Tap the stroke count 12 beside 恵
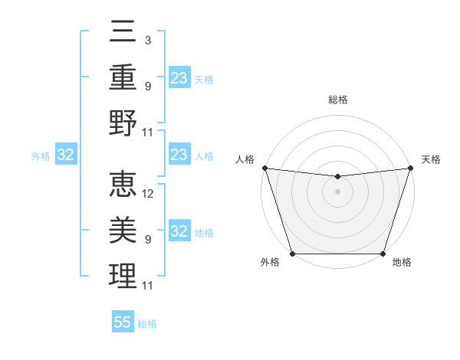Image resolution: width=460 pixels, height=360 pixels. click(x=149, y=194)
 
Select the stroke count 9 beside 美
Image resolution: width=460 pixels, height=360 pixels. click(x=147, y=240)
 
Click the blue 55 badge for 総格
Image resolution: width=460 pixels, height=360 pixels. click(x=123, y=322)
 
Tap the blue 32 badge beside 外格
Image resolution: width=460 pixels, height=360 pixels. click(x=65, y=155)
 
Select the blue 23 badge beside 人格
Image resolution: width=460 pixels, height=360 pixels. click(x=179, y=155)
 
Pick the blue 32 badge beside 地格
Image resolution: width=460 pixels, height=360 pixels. click(x=179, y=231)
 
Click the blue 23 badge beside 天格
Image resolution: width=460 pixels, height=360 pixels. click(x=179, y=77)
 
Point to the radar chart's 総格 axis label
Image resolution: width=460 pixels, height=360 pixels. click(x=337, y=100)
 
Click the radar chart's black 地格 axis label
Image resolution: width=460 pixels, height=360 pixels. click(x=402, y=263)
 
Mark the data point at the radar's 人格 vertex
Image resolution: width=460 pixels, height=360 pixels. click(x=264, y=168)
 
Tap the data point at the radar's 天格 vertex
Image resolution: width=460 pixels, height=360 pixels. click(x=410, y=168)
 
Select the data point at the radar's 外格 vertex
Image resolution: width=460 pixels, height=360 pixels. click(x=292, y=254)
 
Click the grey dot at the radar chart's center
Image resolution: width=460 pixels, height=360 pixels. click(x=337, y=191)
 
